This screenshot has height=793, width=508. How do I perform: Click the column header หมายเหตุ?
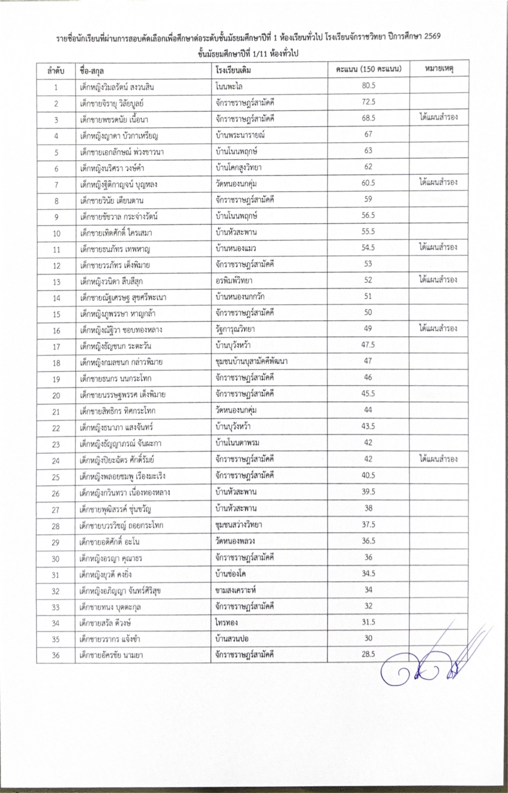(441, 69)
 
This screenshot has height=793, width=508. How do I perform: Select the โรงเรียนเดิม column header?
(233, 70)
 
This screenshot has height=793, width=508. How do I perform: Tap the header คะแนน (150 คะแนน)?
(368, 69)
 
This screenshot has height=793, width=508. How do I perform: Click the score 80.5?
(368, 87)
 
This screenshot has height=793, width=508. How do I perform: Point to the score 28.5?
(368, 653)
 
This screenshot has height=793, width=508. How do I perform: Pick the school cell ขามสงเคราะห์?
(236, 589)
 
